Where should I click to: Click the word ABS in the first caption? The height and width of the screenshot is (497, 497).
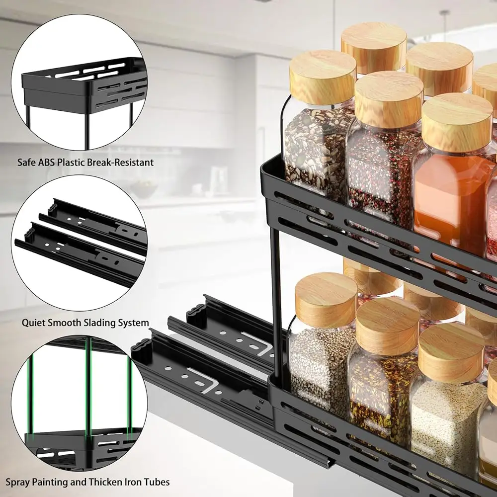click(x=45, y=162)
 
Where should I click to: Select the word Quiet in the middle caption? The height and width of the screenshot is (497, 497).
click(x=33, y=323)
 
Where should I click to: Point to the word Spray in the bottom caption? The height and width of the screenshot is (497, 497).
click(x=17, y=482)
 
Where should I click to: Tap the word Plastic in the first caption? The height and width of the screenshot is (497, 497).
click(x=72, y=162)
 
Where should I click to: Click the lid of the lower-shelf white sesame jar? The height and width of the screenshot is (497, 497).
click(x=326, y=293)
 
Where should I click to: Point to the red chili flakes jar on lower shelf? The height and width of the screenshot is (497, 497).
click(x=380, y=388)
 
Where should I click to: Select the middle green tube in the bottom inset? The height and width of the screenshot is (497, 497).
click(x=89, y=388)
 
